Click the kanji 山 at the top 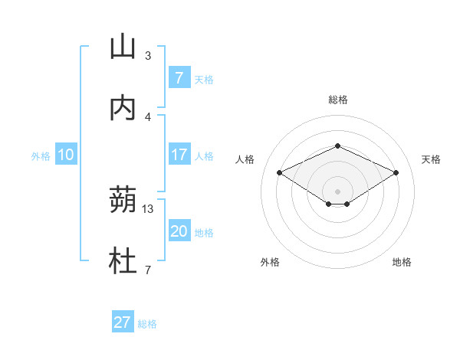(x=123, y=47)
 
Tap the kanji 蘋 (x=123, y=201)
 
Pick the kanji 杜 (x=123, y=262)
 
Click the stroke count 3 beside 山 (x=148, y=56)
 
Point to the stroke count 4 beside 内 (x=148, y=116)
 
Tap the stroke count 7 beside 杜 (x=148, y=270)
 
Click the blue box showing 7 (x=179, y=77)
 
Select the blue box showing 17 (x=179, y=155)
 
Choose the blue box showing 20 (x=179, y=231)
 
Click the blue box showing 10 (x=66, y=155)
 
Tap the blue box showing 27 (x=123, y=322)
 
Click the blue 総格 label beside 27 (x=147, y=324)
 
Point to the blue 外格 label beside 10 (x=41, y=156)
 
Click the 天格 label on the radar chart (x=431, y=159)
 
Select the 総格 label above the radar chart (x=337, y=100)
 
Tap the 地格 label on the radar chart (x=402, y=262)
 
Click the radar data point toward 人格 (x=279, y=172)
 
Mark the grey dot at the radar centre (x=337, y=191)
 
